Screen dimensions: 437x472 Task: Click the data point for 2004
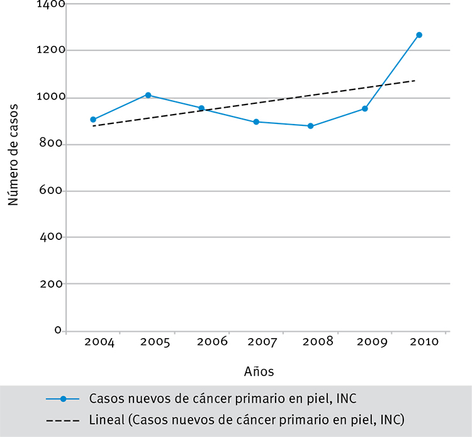93,120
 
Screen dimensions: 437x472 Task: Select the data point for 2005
148,95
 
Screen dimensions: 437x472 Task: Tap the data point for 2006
201,108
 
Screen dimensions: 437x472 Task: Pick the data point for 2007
256,122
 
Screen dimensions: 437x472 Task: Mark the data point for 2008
310,126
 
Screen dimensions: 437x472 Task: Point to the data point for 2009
364,109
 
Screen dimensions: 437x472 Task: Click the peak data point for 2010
419,35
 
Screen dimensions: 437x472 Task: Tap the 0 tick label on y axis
57,330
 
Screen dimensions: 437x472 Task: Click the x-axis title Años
259,372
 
